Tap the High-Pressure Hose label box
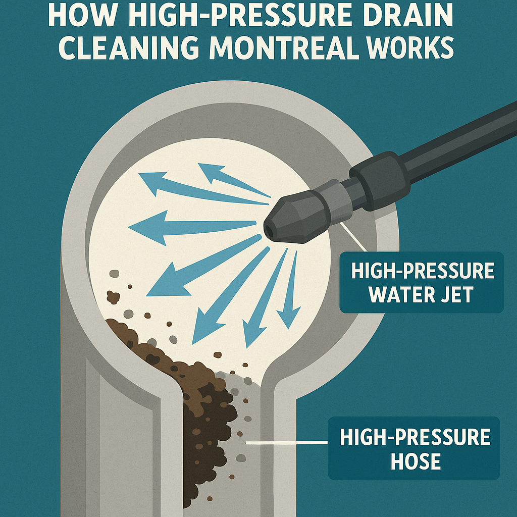pyautogui.click(x=414, y=448)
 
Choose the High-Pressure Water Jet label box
pyautogui.click(x=422, y=283)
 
